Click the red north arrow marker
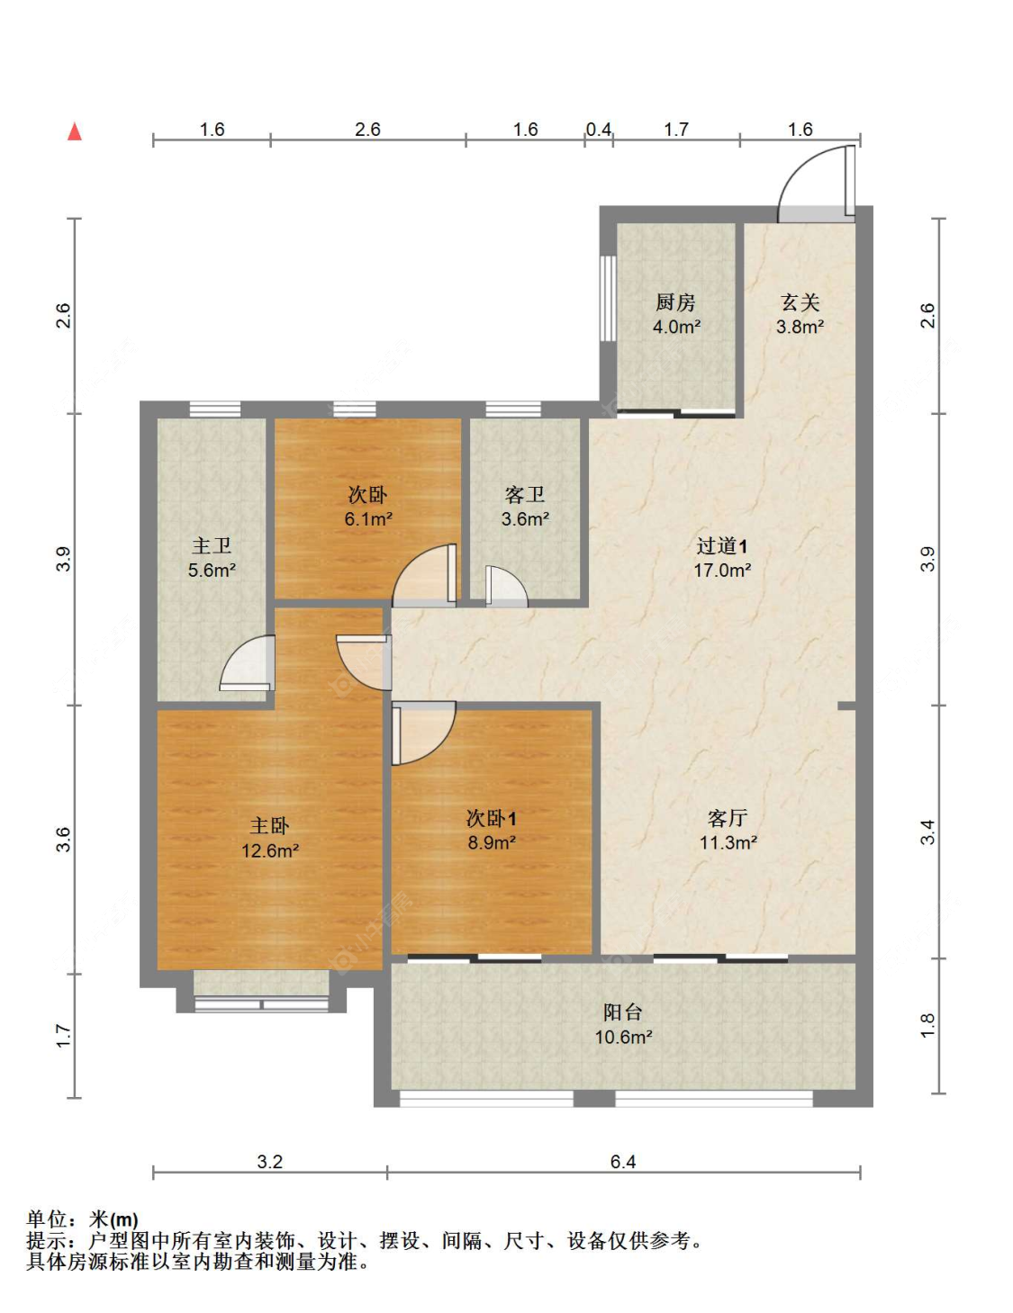pyautogui.click(x=75, y=131)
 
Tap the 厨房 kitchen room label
pyautogui.click(x=675, y=302)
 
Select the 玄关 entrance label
pyautogui.click(x=800, y=302)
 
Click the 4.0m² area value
pyautogui.click(x=676, y=327)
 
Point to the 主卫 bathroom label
pyautogui.click(x=212, y=545)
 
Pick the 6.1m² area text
pyautogui.click(x=368, y=518)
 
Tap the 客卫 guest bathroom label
pyautogui.click(x=525, y=495)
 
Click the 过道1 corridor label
pyautogui.click(x=721, y=546)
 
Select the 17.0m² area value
pyautogui.click(x=722, y=570)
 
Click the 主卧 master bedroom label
pyautogui.click(x=269, y=825)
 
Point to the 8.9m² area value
pyautogui.click(x=492, y=842)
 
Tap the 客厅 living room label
pyautogui.click(x=728, y=818)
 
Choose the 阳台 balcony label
pyautogui.click(x=623, y=1012)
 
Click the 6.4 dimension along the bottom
pyautogui.click(x=623, y=1161)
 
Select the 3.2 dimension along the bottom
pyautogui.click(x=269, y=1161)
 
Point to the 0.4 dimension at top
pyautogui.click(x=599, y=130)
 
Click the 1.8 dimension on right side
pyautogui.click(x=927, y=1025)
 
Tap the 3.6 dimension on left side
pyautogui.click(x=63, y=840)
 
